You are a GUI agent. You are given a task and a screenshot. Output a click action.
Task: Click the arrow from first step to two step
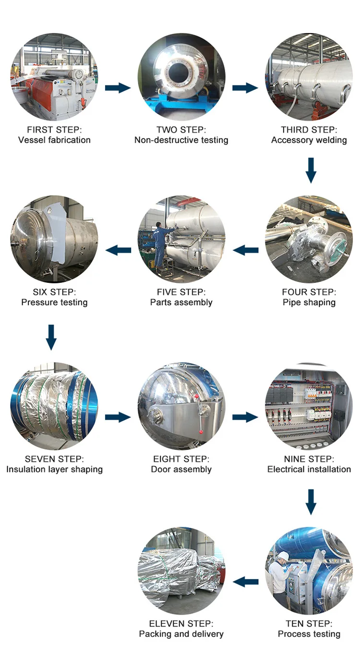coord(118,87)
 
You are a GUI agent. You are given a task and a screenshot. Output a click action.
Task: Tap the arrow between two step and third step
coord(245,87)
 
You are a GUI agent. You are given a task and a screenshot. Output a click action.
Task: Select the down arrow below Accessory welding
coord(311,170)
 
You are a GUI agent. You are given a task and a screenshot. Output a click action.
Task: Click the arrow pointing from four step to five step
coord(245,250)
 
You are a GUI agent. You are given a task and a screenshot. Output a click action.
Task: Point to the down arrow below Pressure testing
coord(51,337)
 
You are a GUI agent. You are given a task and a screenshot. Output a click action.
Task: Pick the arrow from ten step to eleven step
coord(245,582)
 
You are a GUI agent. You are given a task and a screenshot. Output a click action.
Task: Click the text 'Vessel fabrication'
coord(54,140)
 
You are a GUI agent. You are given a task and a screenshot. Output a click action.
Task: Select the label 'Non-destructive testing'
coord(181,140)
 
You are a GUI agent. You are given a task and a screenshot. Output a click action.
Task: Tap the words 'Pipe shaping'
coord(309,303)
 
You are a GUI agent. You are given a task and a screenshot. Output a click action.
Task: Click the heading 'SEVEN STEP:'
coord(54,459)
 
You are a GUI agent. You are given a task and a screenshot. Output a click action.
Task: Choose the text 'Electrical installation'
coord(309,469)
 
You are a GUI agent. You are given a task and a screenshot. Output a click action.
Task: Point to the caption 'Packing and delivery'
coord(181,634)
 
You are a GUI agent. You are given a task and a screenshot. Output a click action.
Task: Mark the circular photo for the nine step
coord(309,406)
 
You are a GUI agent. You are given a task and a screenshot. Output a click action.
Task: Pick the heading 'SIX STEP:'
coord(54,292)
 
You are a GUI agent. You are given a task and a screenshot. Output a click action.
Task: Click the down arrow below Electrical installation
coord(311,501)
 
